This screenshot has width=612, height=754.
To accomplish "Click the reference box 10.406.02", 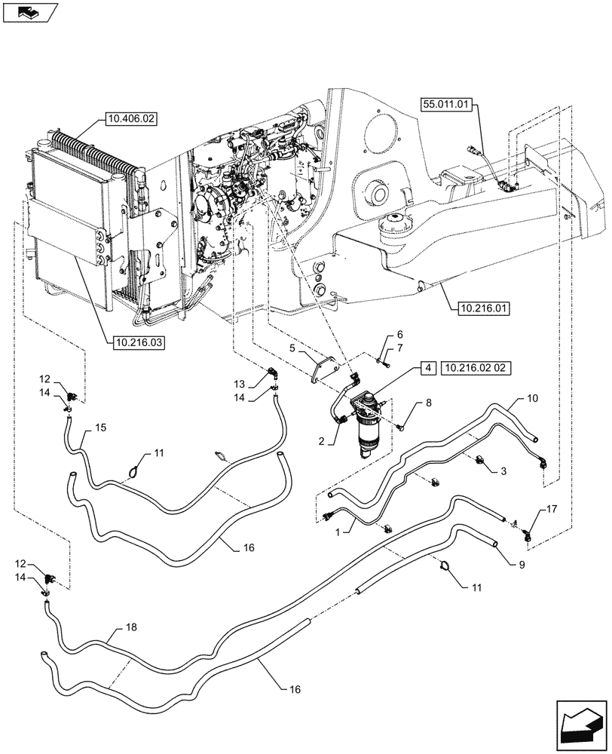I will coord(127,118).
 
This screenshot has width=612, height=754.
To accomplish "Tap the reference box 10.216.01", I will coord(482,308).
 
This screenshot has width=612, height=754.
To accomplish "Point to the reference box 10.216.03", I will coord(139,342).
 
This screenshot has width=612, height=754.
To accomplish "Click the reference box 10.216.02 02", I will coord(479,367).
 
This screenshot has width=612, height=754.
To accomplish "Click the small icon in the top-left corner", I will coord(27,11).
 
